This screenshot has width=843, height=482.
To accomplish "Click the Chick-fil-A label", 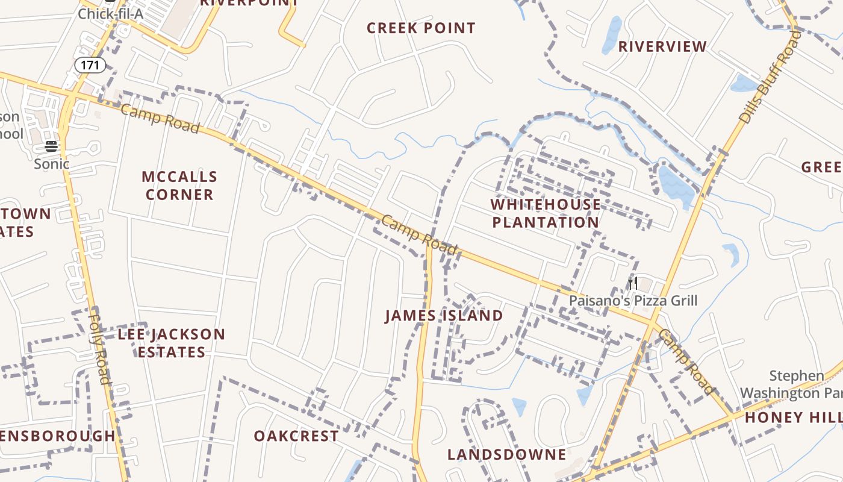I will click(110, 13).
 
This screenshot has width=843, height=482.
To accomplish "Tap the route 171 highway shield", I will click(90, 64).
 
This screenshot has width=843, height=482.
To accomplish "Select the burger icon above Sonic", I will click(51, 146).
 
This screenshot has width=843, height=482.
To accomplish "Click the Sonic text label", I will click(51, 164).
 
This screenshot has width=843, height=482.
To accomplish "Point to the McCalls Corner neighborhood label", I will click(179, 186).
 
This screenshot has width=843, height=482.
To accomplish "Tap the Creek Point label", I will click(421, 28).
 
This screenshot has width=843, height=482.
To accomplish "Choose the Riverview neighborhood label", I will click(662, 46).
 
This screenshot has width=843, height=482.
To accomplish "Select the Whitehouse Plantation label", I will click(546, 213).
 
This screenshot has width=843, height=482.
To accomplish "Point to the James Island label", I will click(444, 316).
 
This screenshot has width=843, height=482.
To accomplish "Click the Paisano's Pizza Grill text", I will click(633, 300).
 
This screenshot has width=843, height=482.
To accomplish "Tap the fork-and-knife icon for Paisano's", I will click(632, 283).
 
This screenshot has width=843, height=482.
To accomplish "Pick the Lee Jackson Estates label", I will click(172, 343).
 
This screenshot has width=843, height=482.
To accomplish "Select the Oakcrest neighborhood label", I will click(296, 436).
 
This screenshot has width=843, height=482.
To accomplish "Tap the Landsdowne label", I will click(507, 454).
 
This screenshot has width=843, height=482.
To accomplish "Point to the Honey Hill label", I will click(793, 418).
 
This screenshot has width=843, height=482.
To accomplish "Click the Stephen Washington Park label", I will click(791, 384).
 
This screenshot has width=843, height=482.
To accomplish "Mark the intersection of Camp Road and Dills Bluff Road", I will click(653, 323).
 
